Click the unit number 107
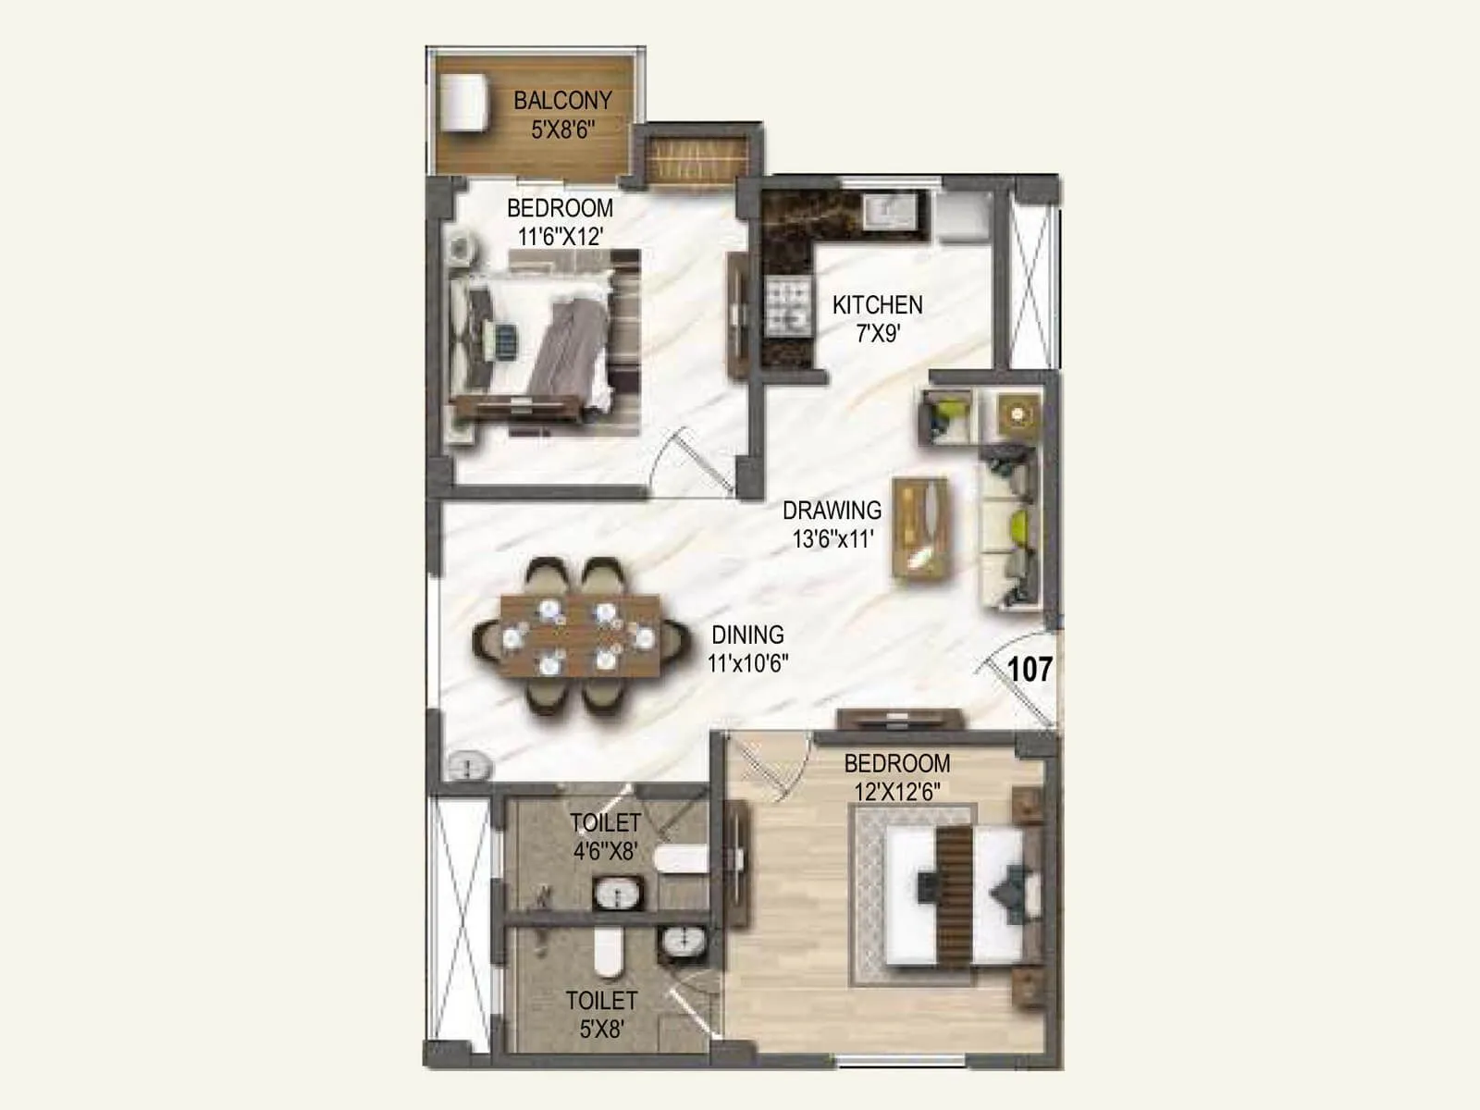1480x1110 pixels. pos(1030,668)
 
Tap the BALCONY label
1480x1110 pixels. pos(562,100)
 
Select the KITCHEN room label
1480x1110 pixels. pos(877,304)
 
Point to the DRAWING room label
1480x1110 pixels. pos(832,510)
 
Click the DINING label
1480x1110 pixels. pos(747,635)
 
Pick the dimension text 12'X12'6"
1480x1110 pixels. pos(896,793)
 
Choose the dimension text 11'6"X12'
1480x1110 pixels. pos(560,237)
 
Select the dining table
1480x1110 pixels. pos(580,635)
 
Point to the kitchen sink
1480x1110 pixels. pos(890,211)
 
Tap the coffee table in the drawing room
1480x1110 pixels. pos(920,528)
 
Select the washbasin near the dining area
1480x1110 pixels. pos(471,766)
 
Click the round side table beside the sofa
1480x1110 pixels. pos(1018,413)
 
